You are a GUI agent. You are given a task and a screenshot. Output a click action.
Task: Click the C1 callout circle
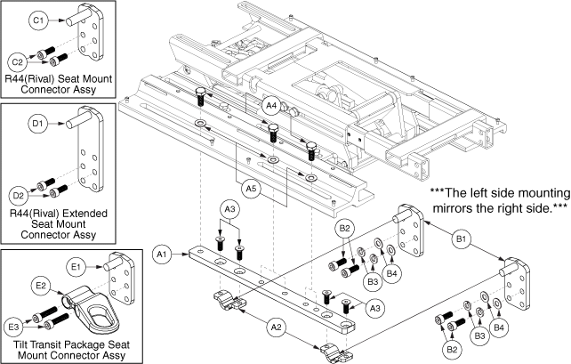coord(38,20)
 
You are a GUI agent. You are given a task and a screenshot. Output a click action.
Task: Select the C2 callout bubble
coord(18,62)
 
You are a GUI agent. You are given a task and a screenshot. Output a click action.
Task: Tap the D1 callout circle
coord(38,124)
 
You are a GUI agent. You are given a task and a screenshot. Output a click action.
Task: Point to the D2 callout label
coord(18,196)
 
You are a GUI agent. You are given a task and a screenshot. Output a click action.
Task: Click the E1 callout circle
coord(76,267)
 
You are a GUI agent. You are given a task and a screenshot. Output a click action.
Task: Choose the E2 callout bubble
coord(41,286)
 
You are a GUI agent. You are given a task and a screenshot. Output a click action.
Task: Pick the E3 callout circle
coord(13,327)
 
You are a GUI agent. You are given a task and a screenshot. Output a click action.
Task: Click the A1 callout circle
coord(162,254)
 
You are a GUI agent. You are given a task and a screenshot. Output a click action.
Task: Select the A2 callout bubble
coord(277,328)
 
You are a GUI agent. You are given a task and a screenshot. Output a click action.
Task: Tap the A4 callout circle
coord(271,106)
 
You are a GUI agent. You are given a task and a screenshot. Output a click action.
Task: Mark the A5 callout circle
coord(252,189)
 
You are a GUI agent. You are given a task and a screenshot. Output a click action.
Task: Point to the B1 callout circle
coord(462,239)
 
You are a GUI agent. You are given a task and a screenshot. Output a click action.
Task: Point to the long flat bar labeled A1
coord(271,290)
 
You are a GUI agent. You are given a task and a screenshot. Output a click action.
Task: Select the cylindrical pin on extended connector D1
coord(77,120)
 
